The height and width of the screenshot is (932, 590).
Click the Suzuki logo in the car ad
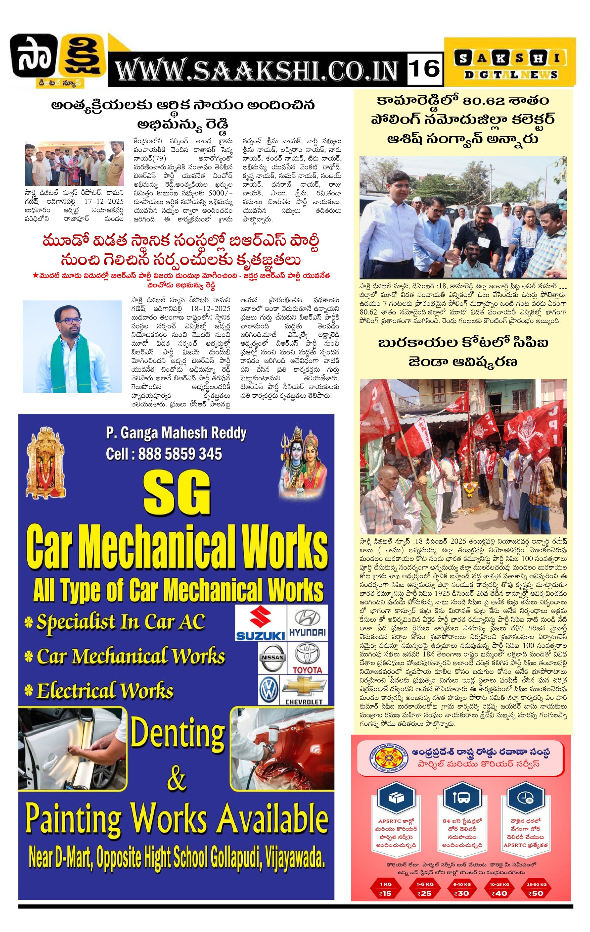260,623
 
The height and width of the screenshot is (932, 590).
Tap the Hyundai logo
307,623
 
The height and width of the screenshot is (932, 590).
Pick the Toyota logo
307,658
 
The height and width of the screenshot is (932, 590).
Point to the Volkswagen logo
269,690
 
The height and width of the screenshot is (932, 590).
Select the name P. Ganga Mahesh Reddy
176,433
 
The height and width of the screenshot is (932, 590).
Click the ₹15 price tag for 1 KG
385,893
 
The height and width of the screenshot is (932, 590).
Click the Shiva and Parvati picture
303,461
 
